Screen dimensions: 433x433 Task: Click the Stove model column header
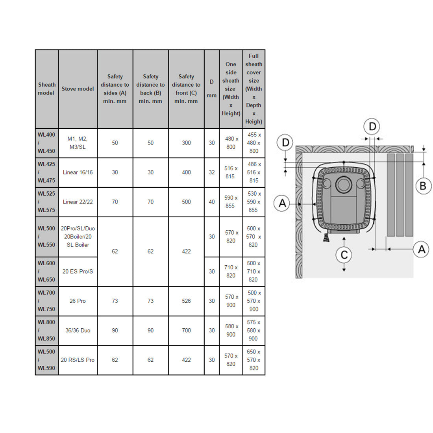pos(78,89)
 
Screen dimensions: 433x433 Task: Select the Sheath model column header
pos(47,89)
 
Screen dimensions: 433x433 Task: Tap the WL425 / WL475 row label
pos(46,172)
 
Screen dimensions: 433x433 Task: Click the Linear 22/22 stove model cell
pos(78,202)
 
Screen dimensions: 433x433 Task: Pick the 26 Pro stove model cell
pos(78,301)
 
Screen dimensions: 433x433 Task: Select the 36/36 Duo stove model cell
pos(78,331)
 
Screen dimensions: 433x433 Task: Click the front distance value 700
pos(186,331)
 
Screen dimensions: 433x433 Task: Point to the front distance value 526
pos(186,301)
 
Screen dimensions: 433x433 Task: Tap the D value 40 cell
pos(211,202)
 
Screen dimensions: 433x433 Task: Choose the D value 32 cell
pos(211,172)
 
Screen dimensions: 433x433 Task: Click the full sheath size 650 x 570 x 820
pos(254,360)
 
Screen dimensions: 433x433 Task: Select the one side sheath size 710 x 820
pos(231,272)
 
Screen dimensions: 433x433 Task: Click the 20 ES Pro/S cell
pos(78,272)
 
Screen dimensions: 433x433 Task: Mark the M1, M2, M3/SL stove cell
pos(78,143)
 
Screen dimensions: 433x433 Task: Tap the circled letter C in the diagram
pos(344,255)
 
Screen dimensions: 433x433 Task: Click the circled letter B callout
pos(423,186)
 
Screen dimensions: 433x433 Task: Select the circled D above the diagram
pos(372,127)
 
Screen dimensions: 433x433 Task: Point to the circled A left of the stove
pos(282,203)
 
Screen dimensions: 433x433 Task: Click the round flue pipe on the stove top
pos(344,184)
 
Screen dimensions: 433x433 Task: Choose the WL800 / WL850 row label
pos(46,331)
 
